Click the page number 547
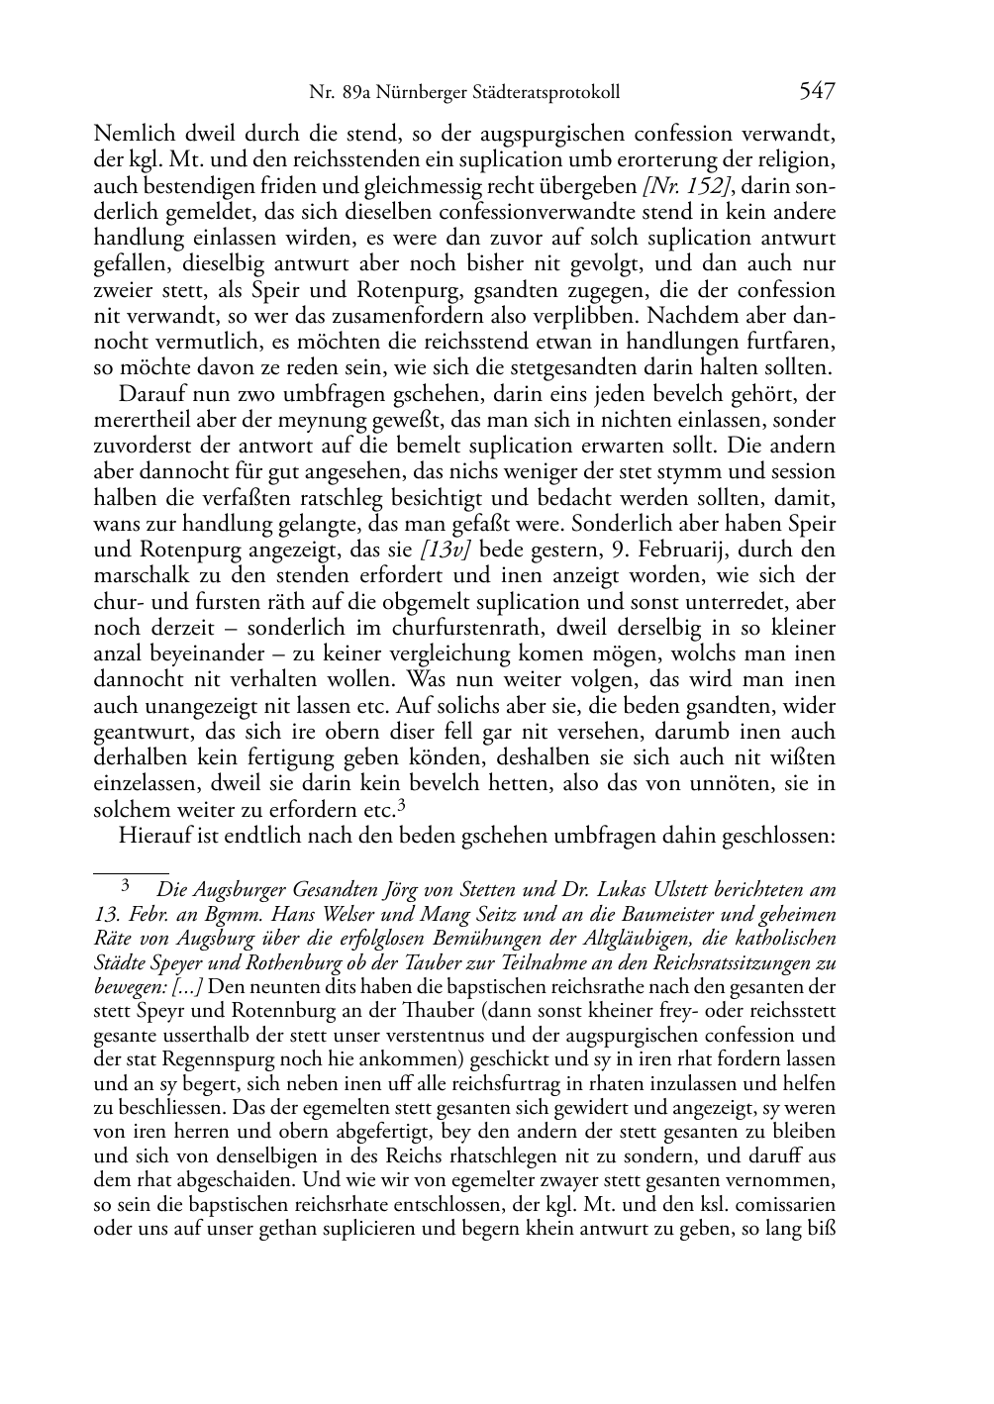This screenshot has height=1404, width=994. click(817, 92)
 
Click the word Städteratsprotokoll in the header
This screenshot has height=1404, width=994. click(543, 93)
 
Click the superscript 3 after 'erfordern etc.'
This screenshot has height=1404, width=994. click(402, 805)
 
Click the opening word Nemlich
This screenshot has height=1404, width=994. click(130, 134)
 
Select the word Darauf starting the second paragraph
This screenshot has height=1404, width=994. click(149, 394)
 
